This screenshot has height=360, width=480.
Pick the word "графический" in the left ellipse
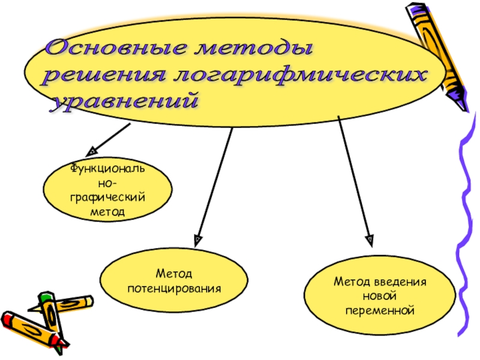[x=108, y=197]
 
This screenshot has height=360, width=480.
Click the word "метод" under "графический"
[x=108, y=212]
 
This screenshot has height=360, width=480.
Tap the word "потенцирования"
[x=174, y=289]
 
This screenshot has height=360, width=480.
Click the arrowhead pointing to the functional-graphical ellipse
[x=91, y=151]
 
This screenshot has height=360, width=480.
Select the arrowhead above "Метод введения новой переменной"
[x=370, y=241]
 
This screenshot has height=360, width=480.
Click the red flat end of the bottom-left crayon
[x=8, y=319]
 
